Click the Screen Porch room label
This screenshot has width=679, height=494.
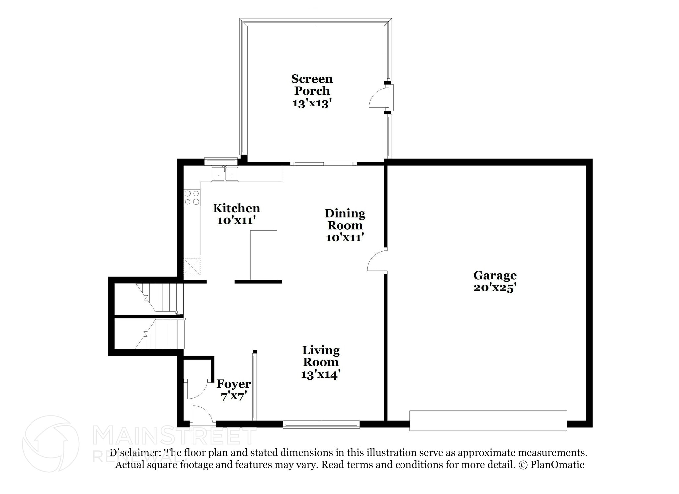coord(312,85)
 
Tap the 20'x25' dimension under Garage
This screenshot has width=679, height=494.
coord(495,288)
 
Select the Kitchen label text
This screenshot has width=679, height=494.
coord(236,208)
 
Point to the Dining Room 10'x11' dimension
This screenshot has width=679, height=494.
coord(345,238)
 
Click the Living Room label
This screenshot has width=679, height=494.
coord(321,356)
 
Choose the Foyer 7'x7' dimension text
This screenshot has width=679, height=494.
coord(234,396)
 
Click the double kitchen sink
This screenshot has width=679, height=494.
coord(225,174)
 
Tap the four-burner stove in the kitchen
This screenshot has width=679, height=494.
coord(192,197)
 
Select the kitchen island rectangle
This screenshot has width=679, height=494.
coord(264,255)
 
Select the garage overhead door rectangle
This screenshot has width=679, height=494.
coord(488,421)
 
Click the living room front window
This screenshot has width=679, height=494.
coord(321,424)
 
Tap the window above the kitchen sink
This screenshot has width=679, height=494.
coord(220,161)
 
